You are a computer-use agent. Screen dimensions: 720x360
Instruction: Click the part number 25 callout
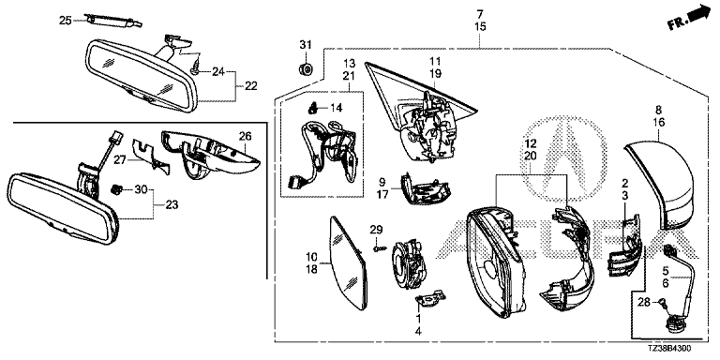(66, 21)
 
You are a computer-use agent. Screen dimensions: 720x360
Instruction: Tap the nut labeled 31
(306, 69)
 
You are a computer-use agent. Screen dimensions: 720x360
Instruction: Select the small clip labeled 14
(313, 109)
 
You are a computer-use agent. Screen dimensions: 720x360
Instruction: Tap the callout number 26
(246, 136)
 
